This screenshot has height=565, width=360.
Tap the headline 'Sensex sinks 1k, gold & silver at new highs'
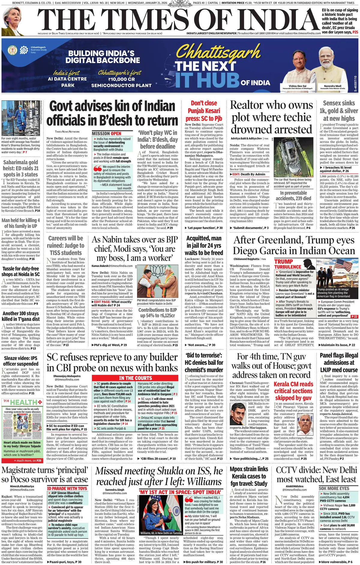[339, 111]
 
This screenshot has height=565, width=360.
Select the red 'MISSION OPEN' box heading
[106, 134]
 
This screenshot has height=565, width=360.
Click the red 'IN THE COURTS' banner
[135, 378]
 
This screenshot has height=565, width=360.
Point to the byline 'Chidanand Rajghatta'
[247, 259]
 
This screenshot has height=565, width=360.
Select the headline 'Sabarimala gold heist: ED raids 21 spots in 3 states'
[21, 168]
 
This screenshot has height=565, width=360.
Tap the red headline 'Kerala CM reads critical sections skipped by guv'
[293, 391]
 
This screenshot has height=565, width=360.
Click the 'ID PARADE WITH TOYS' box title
[67, 488]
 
